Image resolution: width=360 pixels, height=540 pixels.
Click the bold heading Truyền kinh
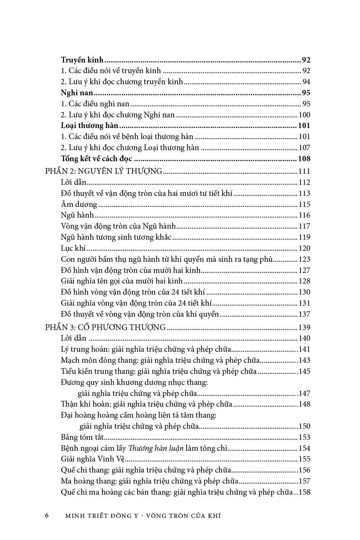pyautogui.click(x=82, y=60)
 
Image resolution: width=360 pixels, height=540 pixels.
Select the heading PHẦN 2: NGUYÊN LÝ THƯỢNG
pyautogui.click(x=104, y=171)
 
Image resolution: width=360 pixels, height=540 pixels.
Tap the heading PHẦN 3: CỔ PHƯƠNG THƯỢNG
pyautogui.click(x=105, y=327)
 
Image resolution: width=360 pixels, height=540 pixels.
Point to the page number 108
pyautogui.click(x=304, y=159)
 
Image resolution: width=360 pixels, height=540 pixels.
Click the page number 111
pyautogui.click(x=304, y=171)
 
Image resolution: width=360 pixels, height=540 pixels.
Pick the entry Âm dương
pyautogui.click(x=79, y=205)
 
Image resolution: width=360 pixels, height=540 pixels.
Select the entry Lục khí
pyautogui.click(x=73, y=248)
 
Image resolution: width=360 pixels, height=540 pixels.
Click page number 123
pyautogui.click(x=304, y=260)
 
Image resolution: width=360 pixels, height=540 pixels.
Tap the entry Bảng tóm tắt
pyautogui.click(x=82, y=437)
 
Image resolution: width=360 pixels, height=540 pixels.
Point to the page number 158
pyautogui.click(x=304, y=492)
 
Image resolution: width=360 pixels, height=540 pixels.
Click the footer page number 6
pyautogui.click(x=47, y=516)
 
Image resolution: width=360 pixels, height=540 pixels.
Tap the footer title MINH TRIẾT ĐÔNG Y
pyautogui.click(x=107, y=516)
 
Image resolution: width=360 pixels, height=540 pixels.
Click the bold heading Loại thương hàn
pyautogui.click(x=90, y=126)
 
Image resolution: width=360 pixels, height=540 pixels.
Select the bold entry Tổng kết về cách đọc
pyautogui.click(x=96, y=159)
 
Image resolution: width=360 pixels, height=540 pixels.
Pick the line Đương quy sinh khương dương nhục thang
pyautogui.click(x=134, y=382)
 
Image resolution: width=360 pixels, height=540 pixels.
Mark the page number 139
pyautogui.click(x=304, y=328)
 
